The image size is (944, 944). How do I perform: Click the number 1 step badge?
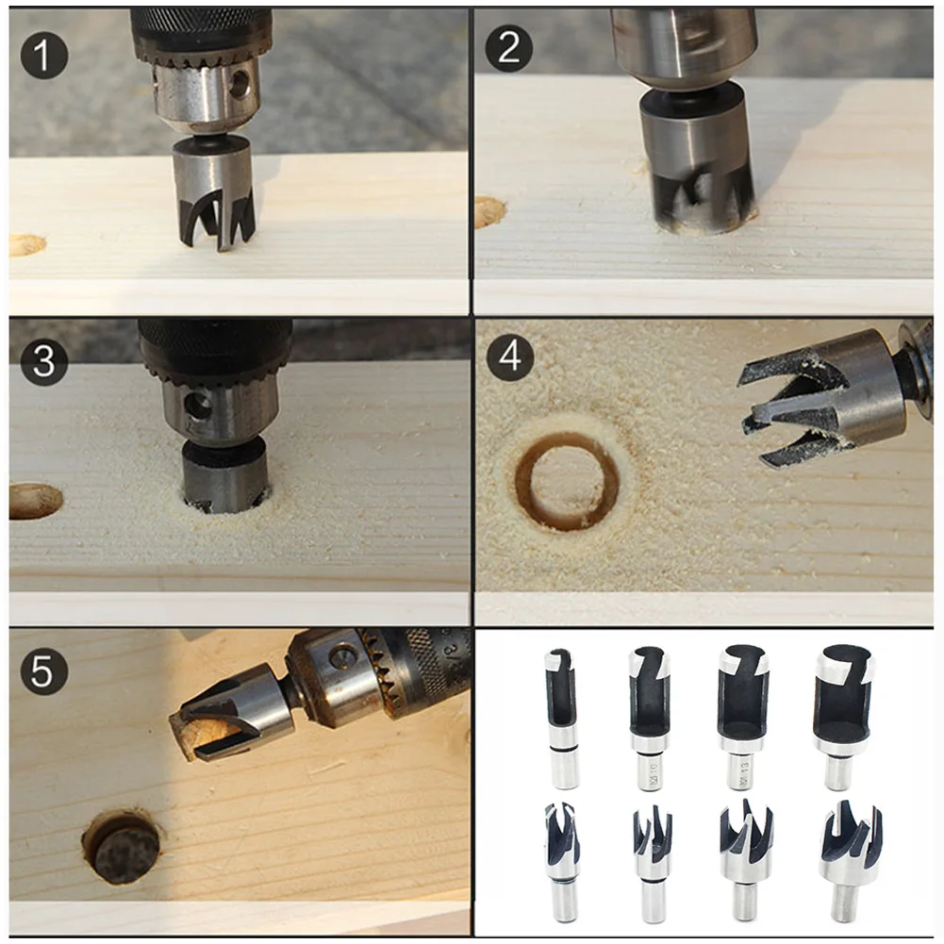44,54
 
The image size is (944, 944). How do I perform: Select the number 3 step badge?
44,362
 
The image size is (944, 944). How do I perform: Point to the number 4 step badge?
509,359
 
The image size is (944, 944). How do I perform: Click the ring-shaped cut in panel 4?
567,480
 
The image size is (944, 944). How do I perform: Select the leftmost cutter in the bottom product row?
561,858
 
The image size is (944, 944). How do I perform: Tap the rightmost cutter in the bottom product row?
850,858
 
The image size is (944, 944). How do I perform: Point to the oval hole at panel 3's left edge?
34,500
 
